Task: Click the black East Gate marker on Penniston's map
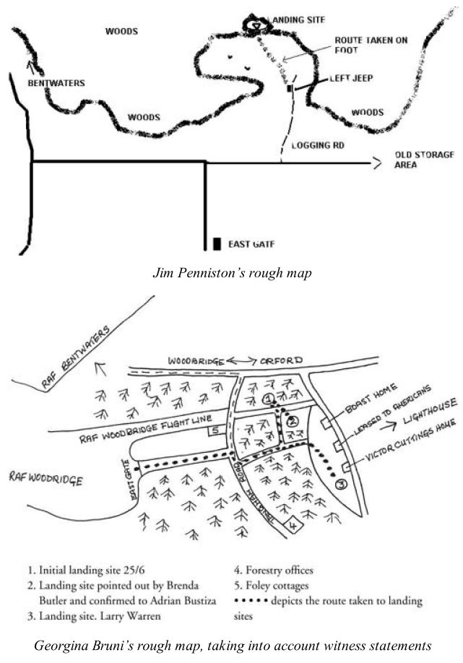(x=217, y=243)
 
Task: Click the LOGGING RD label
(x=317, y=145)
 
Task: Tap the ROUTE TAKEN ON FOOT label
(x=371, y=45)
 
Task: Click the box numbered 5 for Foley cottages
(x=215, y=431)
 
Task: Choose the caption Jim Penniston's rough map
(x=231, y=274)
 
